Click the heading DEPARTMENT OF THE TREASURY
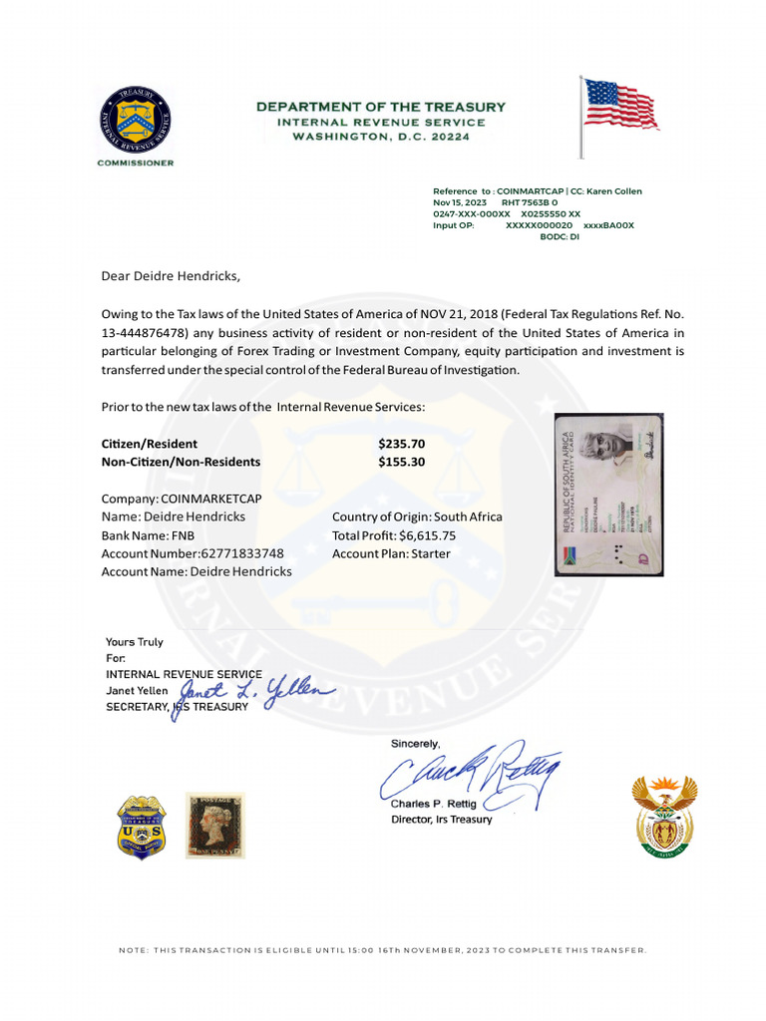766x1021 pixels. pos(381,107)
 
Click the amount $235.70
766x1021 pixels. pos(402,444)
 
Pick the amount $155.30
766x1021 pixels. pos(402,462)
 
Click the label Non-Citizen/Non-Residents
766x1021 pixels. pos(181,462)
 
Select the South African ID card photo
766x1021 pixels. pos(609,495)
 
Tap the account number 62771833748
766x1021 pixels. pos(242,553)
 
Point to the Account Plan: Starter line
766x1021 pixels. pos(391,553)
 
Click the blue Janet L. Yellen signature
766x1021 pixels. pos(256,691)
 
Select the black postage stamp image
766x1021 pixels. pos(214,826)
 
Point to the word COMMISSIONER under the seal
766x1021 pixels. pos(135,163)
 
